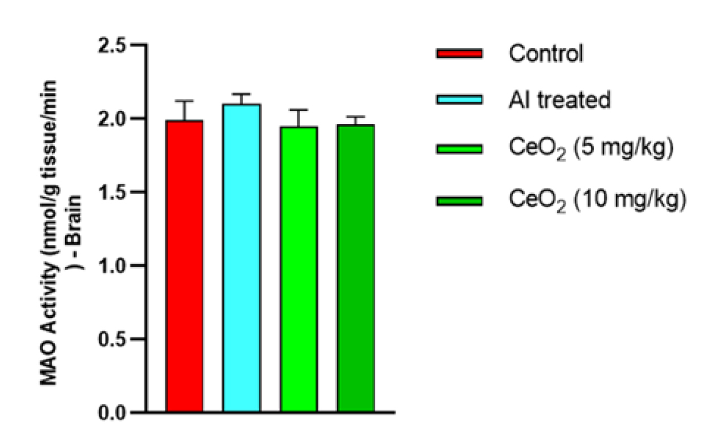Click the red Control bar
[x=185, y=266]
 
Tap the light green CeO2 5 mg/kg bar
[x=298, y=269]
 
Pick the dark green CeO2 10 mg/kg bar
[x=356, y=268]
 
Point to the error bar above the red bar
[x=185, y=110]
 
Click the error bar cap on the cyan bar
[x=241, y=94]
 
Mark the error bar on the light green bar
[x=298, y=118]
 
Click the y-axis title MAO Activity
[x=57, y=226]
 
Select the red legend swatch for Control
[x=459, y=54]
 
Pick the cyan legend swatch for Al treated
[x=459, y=100]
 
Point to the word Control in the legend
[x=546, y=54]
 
